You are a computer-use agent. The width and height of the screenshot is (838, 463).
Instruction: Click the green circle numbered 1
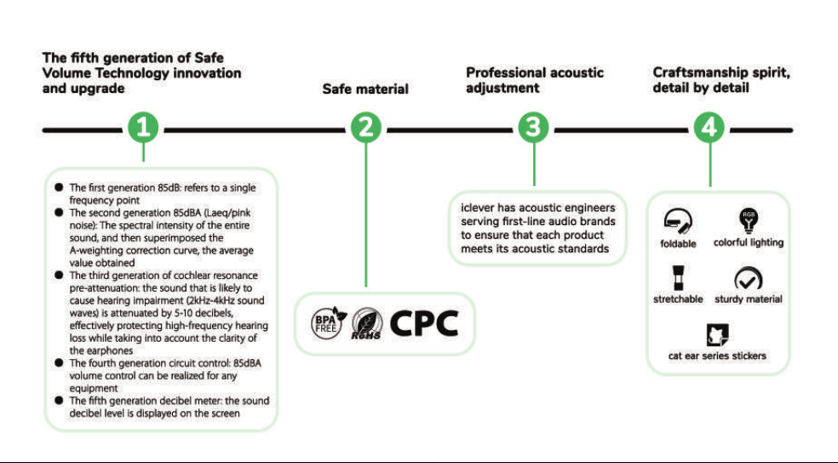click(143, 128)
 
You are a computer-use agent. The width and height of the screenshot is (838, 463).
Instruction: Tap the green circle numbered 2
click(366, 128)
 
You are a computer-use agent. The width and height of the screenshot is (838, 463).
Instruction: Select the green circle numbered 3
click(533, 128)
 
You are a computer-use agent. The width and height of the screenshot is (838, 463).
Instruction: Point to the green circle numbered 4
click(709, 128)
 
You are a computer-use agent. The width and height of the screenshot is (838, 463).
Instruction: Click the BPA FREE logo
click(328, 323)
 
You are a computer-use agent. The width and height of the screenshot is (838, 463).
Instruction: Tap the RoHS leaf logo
click(366, 324)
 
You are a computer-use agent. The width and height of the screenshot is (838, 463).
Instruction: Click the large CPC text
click(424, 323)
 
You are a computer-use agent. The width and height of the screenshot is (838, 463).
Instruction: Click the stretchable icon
click(678, 277)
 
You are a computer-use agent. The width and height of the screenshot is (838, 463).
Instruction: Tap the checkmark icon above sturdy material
click(749, 279)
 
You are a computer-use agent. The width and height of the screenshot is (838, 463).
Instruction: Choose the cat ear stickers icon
click(717, 335)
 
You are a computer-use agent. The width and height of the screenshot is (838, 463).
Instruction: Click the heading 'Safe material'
click(365, 90)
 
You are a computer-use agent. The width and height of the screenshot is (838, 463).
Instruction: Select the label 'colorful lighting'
click(749, 242)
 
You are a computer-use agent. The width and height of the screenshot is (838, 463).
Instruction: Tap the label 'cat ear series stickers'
click(717, 356)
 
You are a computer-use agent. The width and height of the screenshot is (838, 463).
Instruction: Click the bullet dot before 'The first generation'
click(59, 188)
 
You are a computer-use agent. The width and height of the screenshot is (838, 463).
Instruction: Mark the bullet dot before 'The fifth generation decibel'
click(59, 401)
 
